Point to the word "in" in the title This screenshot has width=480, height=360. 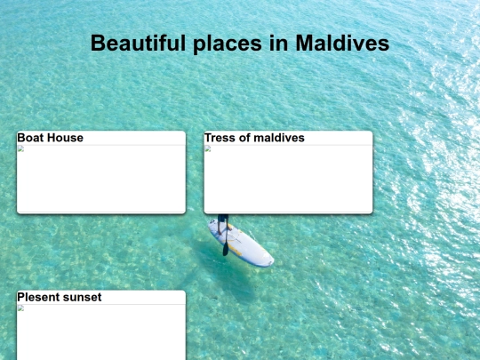(280, 43)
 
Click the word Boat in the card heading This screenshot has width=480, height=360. (31, 138)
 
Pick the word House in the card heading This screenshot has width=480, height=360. (66, 138)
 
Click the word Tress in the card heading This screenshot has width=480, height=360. (220, 138)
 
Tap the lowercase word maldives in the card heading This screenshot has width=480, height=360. (278, 138)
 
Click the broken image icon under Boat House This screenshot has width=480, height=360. (20, 148)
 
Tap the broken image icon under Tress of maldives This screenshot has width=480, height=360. (207, 148)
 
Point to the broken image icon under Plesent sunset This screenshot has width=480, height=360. (20, 308)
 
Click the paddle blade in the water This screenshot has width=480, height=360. (226, 251)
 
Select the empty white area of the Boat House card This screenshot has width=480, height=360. (101, 182)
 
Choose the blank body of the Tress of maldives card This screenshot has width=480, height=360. (288, 182)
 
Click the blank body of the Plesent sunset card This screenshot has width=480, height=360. (101, 336)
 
